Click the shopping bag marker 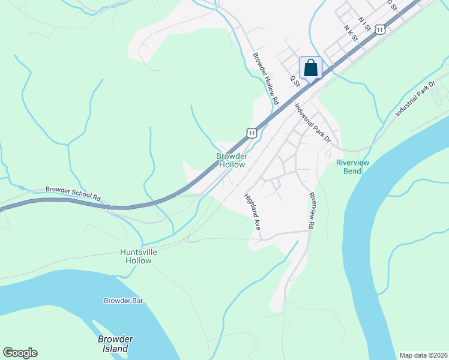310,67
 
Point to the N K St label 351,33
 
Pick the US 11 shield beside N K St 380,29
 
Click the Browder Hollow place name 231,160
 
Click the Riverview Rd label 312,211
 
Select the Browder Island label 115,344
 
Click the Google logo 20,353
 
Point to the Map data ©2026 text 423,355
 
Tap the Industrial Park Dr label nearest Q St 313,124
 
